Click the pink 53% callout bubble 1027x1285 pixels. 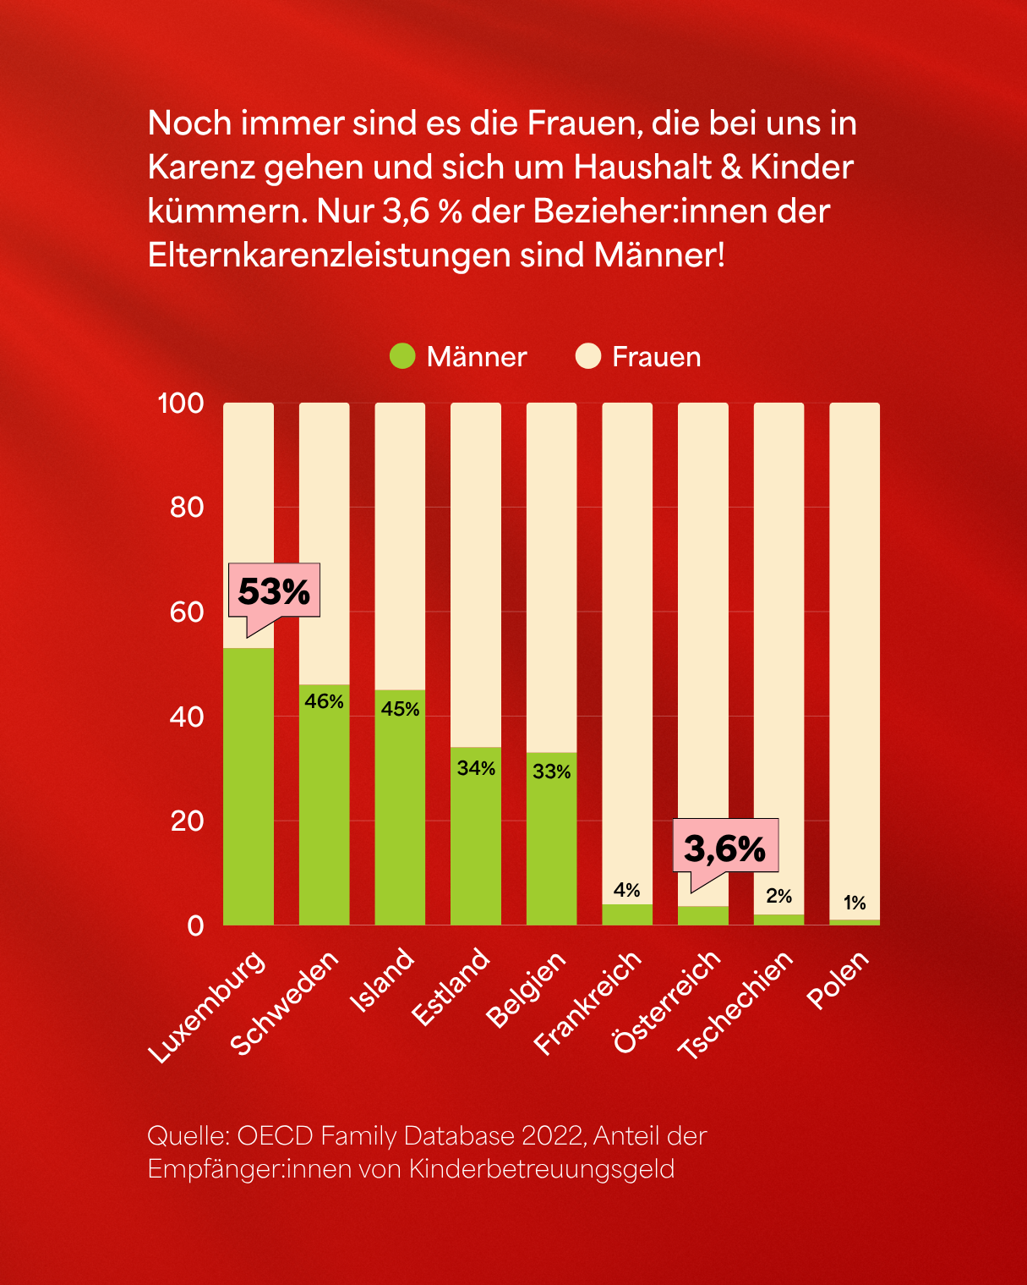[x=274, y=590]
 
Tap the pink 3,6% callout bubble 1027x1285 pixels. [x=725, y=846]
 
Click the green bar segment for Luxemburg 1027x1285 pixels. [x=249, y=787]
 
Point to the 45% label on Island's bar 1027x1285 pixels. [x=400, y=709]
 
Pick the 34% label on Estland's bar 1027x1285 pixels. [x=476, y=768]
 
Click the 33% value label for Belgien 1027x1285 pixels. [x=552, y=772]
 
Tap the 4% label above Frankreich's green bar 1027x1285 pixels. [x=627, y=890]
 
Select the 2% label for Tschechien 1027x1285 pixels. [x=778, y=896]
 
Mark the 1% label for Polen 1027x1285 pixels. [x=855, y=903]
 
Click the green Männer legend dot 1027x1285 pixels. [x=402, y=356]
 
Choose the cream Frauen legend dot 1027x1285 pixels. [x=587, y=356]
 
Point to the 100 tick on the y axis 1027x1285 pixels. [x=181, y=404]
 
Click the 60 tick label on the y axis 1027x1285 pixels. [x=187, y=612]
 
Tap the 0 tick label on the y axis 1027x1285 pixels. [x=195, y=925]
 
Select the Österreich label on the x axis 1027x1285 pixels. [x=668, y=1002]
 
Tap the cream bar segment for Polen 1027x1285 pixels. [x=855, y=660]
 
